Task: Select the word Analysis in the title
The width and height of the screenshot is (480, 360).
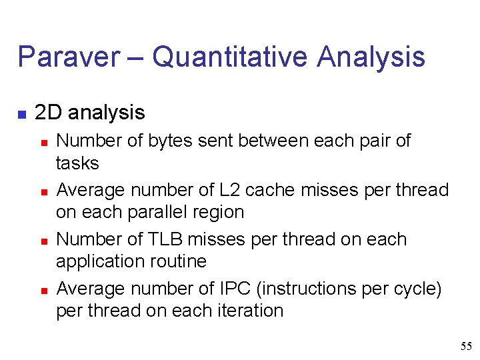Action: tap(371, 57)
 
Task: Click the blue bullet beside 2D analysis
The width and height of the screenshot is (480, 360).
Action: tap(22, 115)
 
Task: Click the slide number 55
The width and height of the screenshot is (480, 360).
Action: tap(466, 346)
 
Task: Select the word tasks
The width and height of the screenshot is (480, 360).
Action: tap(77, 163)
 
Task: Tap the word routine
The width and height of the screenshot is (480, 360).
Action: tap(177, 261)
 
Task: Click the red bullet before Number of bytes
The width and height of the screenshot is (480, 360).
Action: tap(43, 143)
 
